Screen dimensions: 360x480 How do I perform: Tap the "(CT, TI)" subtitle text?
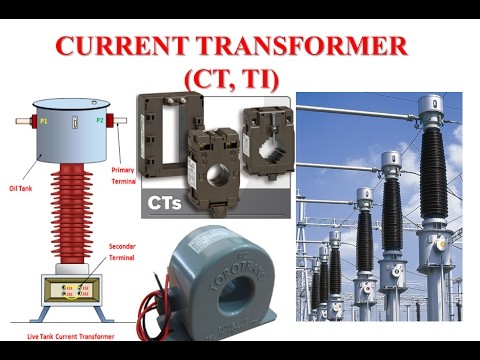tap(241, 77)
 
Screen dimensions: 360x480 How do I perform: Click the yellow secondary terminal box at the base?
tap(71, 291)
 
